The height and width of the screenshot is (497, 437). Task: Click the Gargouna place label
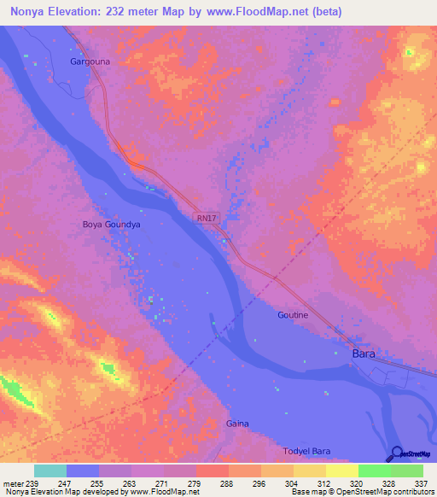pyautogui.click(x=90, y=62)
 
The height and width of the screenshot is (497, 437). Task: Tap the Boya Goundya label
pyautogui.click(x=111, y=225)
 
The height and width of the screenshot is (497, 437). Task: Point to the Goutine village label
pyautogui.click(x=293, y=315)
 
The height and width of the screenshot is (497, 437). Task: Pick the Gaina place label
pyautogui.click(x=237, y=424)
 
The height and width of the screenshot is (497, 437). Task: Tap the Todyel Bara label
pyautogui.click(x=306, y=451)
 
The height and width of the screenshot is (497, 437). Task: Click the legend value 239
pyautogui.click(x=33, y=483)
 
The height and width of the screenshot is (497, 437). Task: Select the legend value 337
pyautogui.click(x=422, y=483)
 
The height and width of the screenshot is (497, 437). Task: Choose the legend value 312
pyautogui.click(x=325, y=483)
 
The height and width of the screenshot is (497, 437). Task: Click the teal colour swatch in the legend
pyautogui.click(x=50, y=471)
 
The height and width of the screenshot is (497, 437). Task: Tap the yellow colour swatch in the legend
pyautogui.click(x=341, y=471)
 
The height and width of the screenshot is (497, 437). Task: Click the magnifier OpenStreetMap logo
pyautogui.click(x=398, y=453)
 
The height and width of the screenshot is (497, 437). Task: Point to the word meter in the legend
pyautogui.click(x=13, y=483)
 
